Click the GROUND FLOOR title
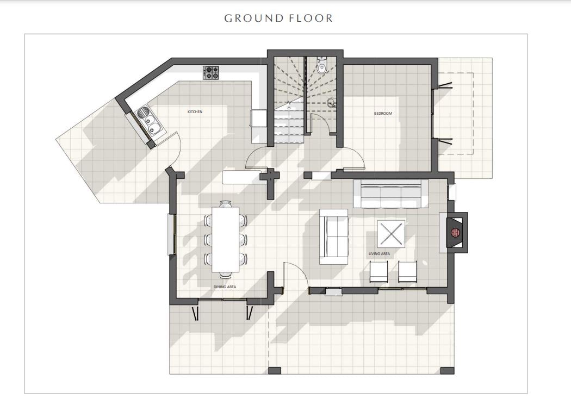click(278, 18)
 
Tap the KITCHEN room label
click(195, 111)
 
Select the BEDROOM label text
click(383, 114)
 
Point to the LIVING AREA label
click(379, 254)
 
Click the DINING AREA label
click(225, 287)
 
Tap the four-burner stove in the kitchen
click(211, 72)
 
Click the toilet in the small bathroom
click(322, 65)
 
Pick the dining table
click(226, 239)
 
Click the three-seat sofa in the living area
click(391, 194)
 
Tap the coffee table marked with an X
click(391, 234)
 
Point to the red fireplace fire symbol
click(456, 232)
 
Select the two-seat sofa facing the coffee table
click(333, 237)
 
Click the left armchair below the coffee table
click(379, 271)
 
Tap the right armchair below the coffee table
click(407, 271)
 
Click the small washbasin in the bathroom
click(331, 102)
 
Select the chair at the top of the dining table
click(226, 204)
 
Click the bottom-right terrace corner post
click(448, 371)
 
